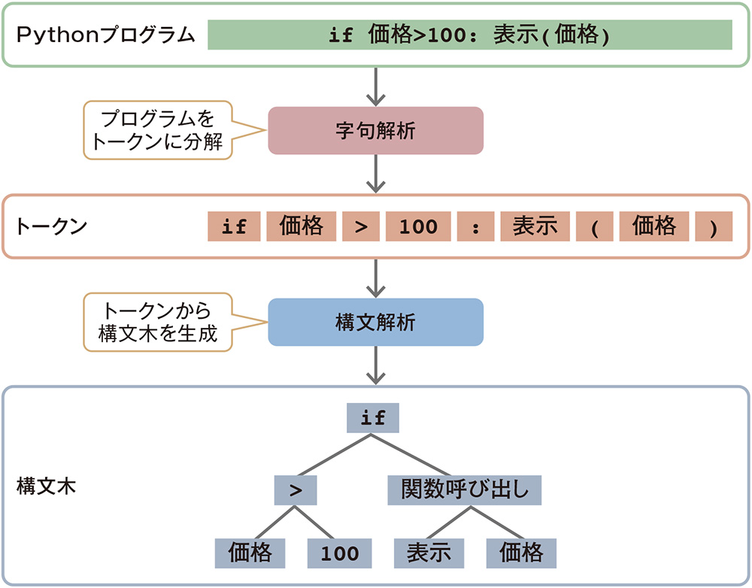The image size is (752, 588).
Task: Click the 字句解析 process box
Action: pyautogui.click(x=375, y=131)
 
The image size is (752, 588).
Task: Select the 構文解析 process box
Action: pyautogui.click(x=375, y=323)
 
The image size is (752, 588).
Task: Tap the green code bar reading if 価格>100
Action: pyautogui.click(x=469, y=35)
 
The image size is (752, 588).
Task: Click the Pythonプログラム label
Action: pyautogui.click(x=106, y=35)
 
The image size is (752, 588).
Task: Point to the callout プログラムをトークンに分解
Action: pyautogui.click(x=158, y=131)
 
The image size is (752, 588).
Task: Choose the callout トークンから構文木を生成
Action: pyautogui.click(x=158, y=323)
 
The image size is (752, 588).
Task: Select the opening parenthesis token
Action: pyautogui.click(x=594, y=226)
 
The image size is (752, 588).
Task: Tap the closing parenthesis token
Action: pyautogui.click(x=714, y=226)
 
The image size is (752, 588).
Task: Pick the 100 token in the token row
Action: pyautogui.click(x=418, y=226)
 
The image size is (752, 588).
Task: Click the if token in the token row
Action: pyautogui.click(x=234, y=226)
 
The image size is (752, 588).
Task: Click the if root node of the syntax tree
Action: pyautogui.click(x=373, y=418)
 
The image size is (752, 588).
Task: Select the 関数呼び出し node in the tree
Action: pyautogui.click(x=465, y=489)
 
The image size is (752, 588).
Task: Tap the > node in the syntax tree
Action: pyautogui.click(x=296, y=489)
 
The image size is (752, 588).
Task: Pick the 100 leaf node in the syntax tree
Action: pyautogui.click(x=340, y=553)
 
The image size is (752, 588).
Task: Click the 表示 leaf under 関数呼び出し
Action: pyautogui.click(x=429, y=553)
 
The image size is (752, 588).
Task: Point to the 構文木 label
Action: pyautogui.click(x=46, y=486)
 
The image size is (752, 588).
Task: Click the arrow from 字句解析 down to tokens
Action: pyautogui.click(x=375, y=174)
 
